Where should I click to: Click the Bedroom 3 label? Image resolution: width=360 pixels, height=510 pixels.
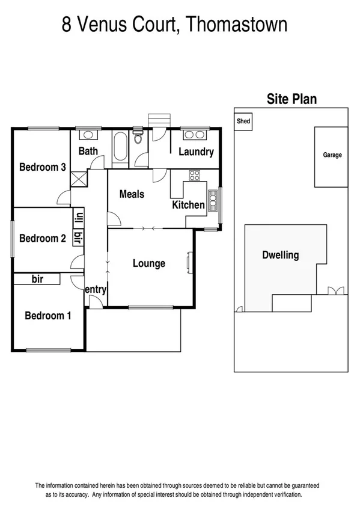pos(42,167)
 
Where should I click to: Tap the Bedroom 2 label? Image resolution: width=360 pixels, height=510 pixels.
pos(42,238)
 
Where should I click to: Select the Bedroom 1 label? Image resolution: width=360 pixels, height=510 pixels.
pos(48,315)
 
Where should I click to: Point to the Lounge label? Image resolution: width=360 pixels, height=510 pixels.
pos(148,263)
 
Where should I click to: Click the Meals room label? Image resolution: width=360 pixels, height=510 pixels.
pos(132,194)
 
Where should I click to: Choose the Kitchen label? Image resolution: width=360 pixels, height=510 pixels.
pos(188,205)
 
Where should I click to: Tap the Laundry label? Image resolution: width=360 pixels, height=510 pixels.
pos(196,152)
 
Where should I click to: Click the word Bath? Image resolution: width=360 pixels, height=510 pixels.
pos(88,151)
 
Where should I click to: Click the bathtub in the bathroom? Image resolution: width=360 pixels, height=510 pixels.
pos(119,147)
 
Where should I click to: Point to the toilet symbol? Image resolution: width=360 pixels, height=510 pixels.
pos(138,138)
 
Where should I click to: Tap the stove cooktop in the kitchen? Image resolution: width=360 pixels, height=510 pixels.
pos(194,176)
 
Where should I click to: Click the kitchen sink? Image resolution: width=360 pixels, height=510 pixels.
pos(212,199)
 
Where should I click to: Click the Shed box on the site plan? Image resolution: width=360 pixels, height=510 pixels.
pos(243,121)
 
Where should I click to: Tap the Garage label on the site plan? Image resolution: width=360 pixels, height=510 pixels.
pos(332,155)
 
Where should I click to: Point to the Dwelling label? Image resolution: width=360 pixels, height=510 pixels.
pos(280,255)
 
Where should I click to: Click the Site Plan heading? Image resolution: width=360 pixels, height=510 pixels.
pos(291,99)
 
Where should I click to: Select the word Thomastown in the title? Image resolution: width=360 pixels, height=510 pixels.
pos(237,25)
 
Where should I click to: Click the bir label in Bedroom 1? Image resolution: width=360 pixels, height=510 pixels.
pos(37,279)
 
